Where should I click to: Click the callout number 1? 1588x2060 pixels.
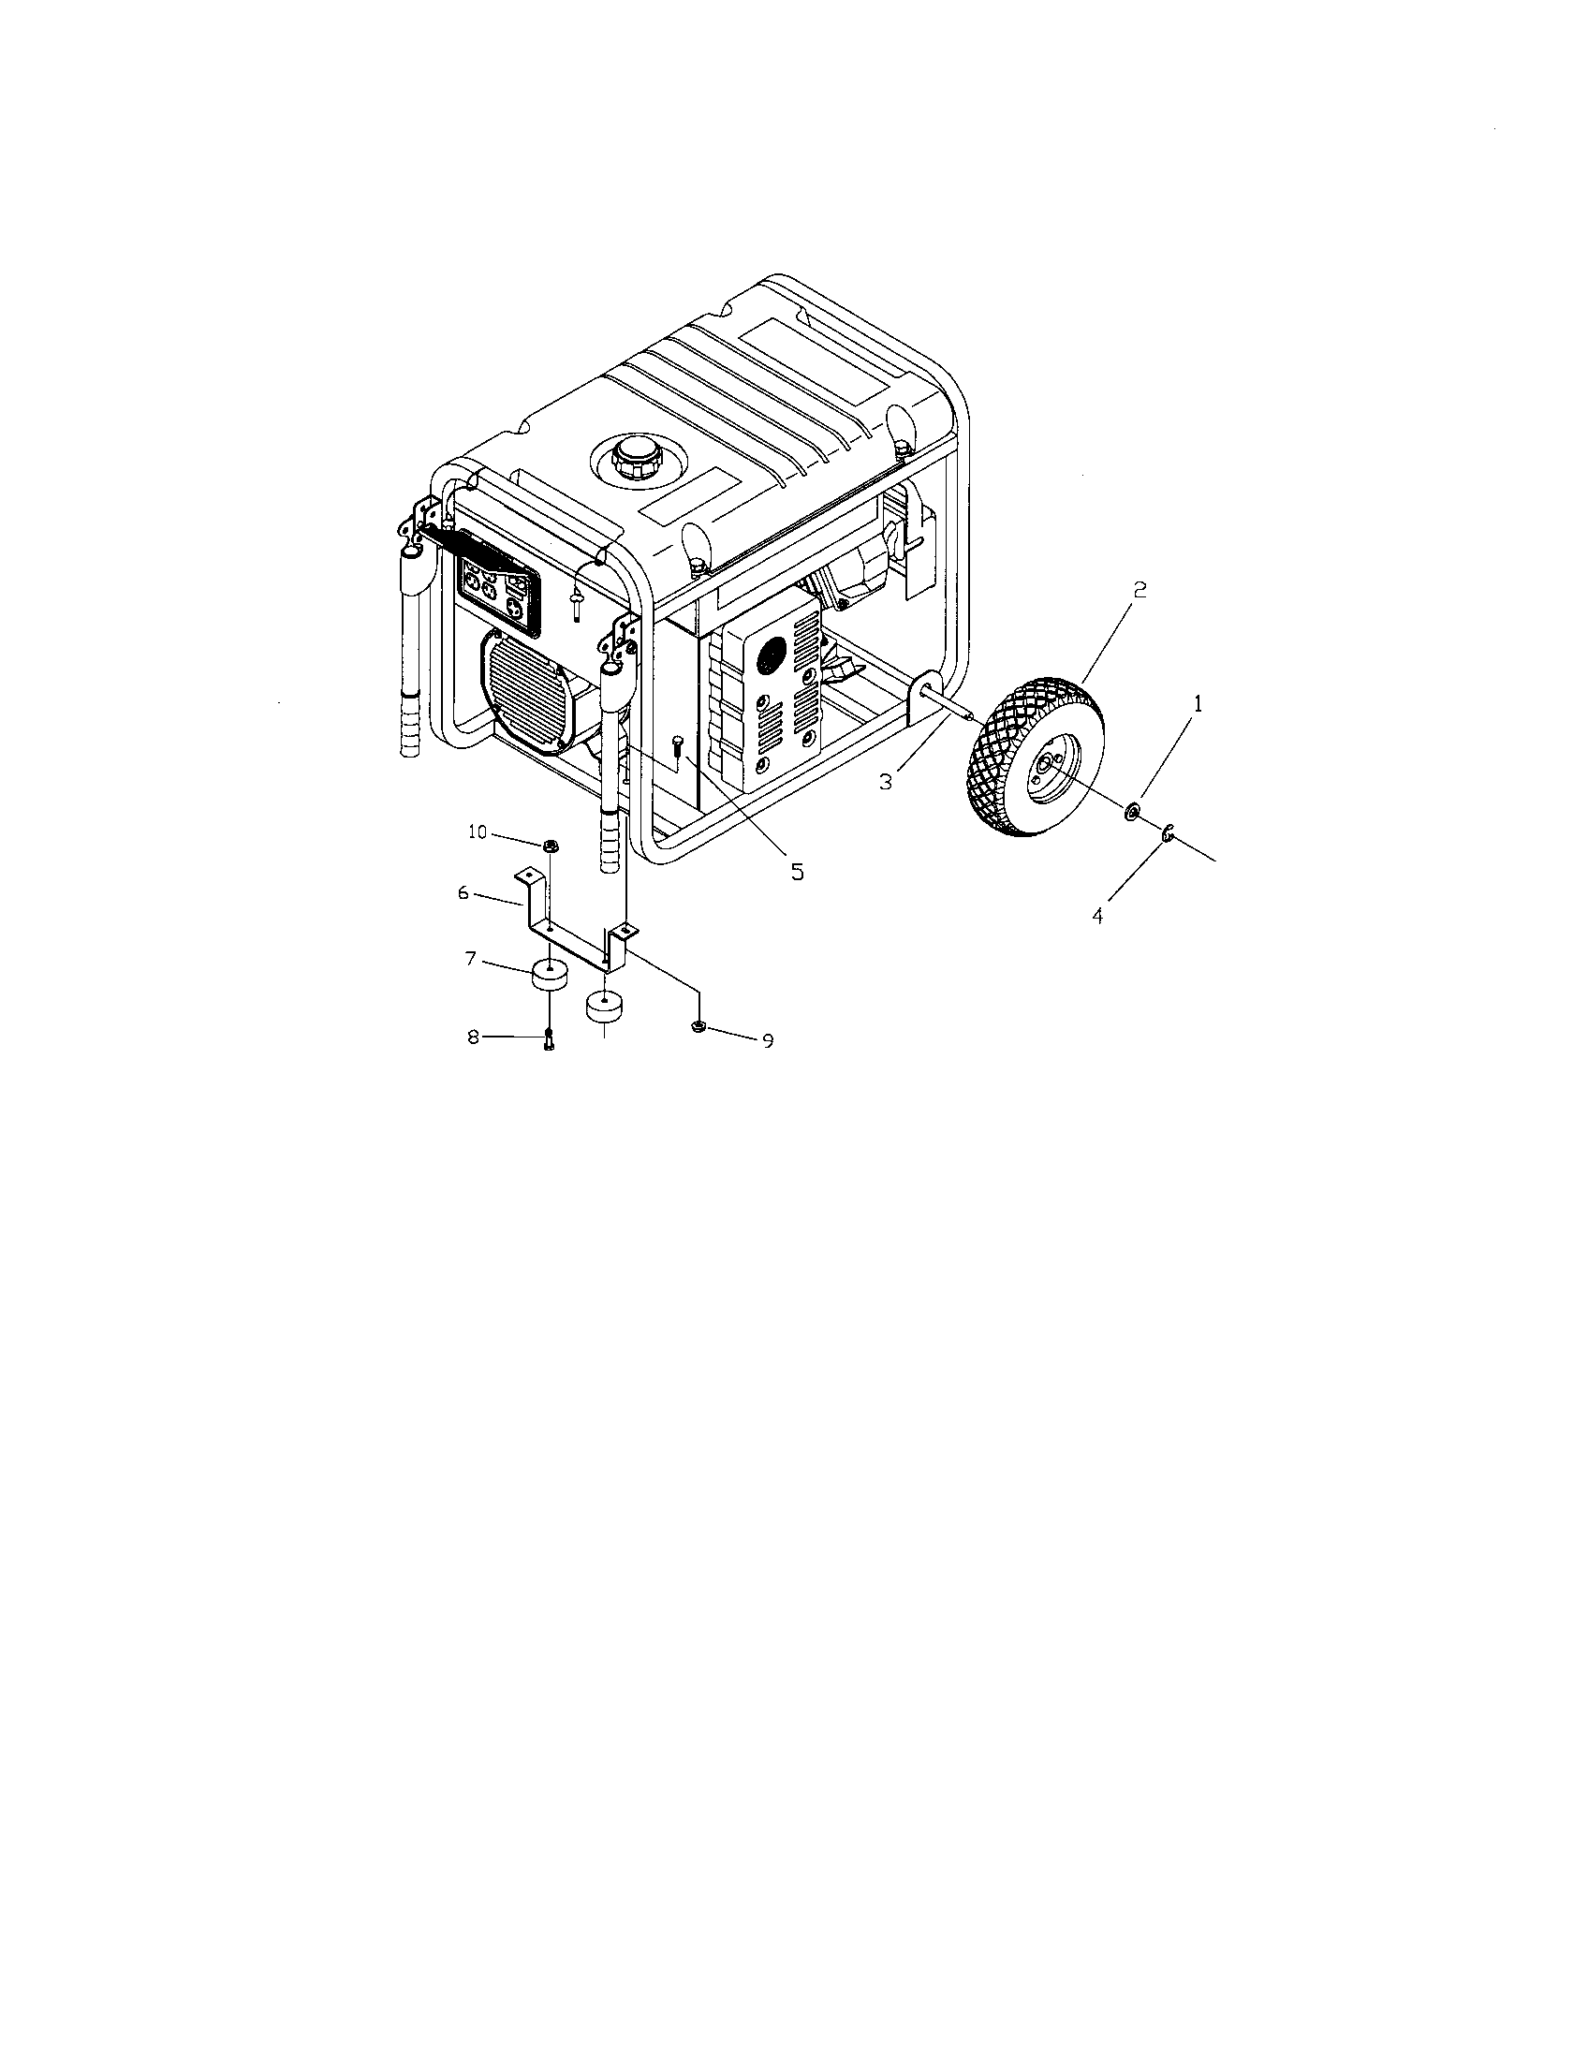click(x=1198, y=703)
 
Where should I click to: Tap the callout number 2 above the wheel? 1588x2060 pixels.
click(x=1140, y=590)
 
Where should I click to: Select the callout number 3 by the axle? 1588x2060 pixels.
click(x=886, y=782)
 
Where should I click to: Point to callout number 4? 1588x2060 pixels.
click(x=1097, y=915)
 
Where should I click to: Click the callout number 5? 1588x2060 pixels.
click(x=798, y=873)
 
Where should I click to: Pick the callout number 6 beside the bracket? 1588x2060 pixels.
click(x=463, y=892)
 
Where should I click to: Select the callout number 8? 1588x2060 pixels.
click(x=474, y=1037)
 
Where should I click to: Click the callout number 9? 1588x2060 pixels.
click(x=768, y=1041)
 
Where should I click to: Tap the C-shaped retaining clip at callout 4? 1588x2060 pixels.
click(x=1167, y=831)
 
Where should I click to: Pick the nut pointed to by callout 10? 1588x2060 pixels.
click(x=550, y=845)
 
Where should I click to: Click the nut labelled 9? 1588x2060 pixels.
click(x=698, y=1026)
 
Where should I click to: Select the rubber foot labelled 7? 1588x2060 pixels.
click(x=550, y=974)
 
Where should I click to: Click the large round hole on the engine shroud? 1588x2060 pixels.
click(x=772, y=652)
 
